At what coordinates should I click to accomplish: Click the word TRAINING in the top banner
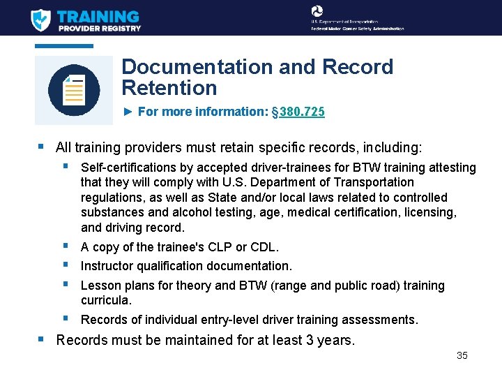pyautogui.click(x=98, y=15)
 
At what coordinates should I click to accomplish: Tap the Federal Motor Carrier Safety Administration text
pyautogui.click(x=358, y=29)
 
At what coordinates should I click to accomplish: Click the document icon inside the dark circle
pyautogui.click(x=74, y=90)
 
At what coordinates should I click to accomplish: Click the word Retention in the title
pyautogui.click(x=169, y=88)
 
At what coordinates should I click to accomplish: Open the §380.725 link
pyautogui.click(x=299, y=112)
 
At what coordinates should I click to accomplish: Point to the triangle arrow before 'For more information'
pyautogui.click(x=128, y=112)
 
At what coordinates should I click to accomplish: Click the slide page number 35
pyautogui.click(x=462, y=355)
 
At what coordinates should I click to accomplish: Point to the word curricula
pyautogui.click(x=106, y=300)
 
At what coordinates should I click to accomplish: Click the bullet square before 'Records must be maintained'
pyautogui.click(x=41, y=340)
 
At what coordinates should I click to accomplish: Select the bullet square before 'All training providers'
pyautogui.click(x=41, y=147)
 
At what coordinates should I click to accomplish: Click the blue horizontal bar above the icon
pyautogui.click(x=64, y=46)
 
